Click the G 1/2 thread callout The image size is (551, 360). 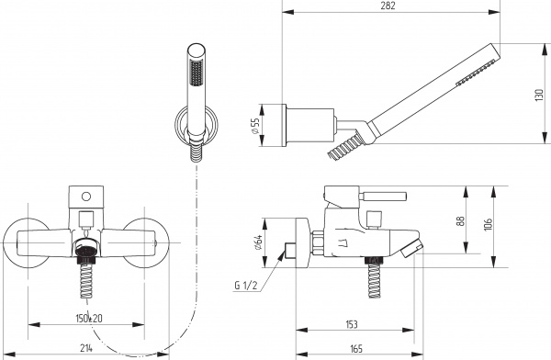click(x=246, y=286)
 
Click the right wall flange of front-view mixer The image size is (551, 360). click(x=145, y=242)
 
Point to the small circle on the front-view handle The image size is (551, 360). click(x=85, y=196)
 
